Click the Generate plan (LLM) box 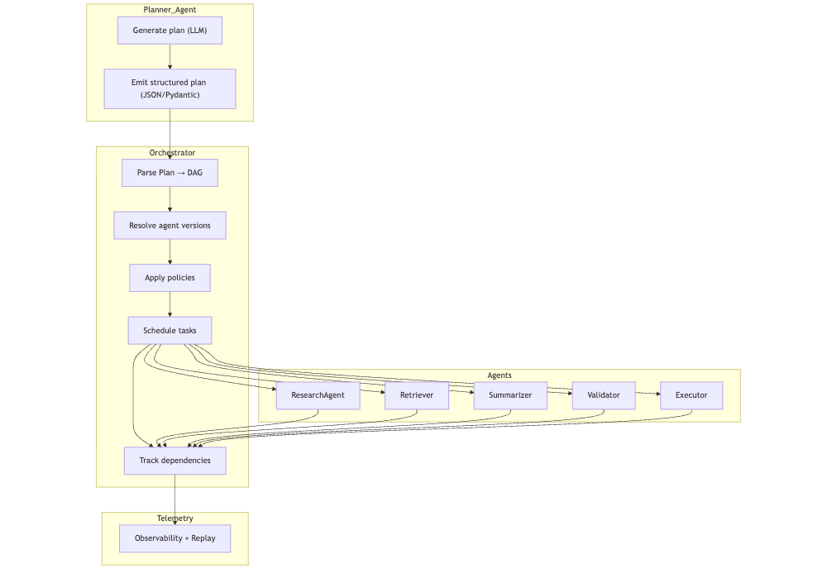click(x=170, y=31)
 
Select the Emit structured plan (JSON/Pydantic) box click(x=170, y=88)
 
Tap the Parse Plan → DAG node click(x=170, y=173)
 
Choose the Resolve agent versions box click(x=170, y=226)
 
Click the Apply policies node click(x=170, y=278)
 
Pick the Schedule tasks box click(x=170, y=331)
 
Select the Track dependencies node click(x=174, y=461)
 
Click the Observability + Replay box click(x=174, y=538)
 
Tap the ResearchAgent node click(x=318, y=395)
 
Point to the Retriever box click(x=416, y=395)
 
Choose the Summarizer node click(x=510, y=395)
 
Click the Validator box click(x=604, y=395)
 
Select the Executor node click(x=691, y=395)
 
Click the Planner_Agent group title click(x=170, y=10)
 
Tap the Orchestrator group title click(x=172, y=153)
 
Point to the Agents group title click(x=500, y=375)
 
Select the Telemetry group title click(x=174, y=519)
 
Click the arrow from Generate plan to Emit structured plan click(x=170, y=56)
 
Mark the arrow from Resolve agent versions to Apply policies click(x=170, y=251)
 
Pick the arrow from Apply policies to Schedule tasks click(x=170, y=304)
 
